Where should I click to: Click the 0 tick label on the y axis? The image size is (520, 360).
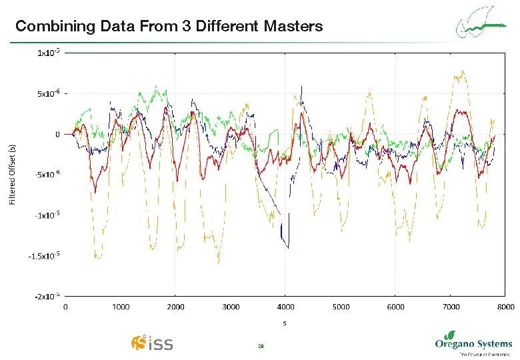[57, 134]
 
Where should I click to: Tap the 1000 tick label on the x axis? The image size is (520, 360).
[120, 307]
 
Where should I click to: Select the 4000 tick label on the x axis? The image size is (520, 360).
[285, 307]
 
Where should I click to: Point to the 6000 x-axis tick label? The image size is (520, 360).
[395, 307]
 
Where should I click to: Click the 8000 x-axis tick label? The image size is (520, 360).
[505, 307]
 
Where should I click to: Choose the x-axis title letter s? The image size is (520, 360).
[285, 323]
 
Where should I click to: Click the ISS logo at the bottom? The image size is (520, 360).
[152, 343]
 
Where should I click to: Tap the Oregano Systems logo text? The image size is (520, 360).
[473, 344]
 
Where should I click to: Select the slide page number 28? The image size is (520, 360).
[261, 346]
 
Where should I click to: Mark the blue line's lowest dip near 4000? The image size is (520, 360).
[288, 247]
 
